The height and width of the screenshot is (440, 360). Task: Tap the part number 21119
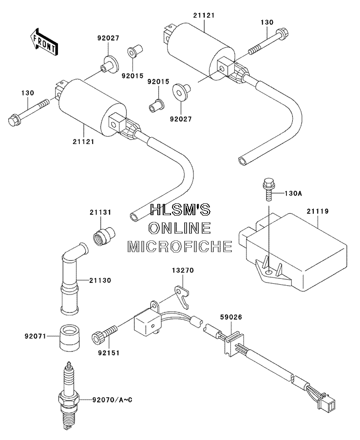coord(317,211)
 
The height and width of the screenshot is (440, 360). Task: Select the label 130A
coord(293,193)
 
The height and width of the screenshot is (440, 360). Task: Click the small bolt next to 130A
coord(269,189)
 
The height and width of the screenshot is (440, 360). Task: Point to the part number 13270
coord(183,270)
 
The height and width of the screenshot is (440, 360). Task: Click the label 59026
coord(231,317)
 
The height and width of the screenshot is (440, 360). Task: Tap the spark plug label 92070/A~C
coord(112,400)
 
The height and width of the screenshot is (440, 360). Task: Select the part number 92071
coord(35,336)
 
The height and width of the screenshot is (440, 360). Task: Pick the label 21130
coord(100,280)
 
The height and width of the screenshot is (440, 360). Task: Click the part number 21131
coord(100,212)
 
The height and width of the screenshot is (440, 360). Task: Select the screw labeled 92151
coord(104,333)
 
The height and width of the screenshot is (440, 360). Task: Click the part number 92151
coord(109,353)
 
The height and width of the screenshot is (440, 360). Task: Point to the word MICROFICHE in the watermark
coord(180,246)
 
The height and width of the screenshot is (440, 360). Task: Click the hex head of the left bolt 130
coord(13,120)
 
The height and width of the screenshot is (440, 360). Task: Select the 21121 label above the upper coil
coord(204,16)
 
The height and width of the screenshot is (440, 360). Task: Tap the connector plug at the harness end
coord(327,403)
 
